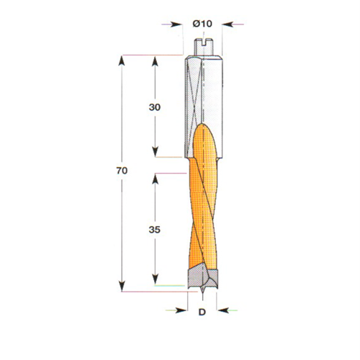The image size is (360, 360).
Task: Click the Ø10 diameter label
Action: pyautogui.click(x=202, y=24)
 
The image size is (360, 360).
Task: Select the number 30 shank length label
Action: pyautogui.click(x=154, y=106)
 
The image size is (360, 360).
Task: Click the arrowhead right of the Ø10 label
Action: pyautogui.click(x=225, y=24)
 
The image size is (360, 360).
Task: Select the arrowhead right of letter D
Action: pyautogui.click(x=221, y=311)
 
